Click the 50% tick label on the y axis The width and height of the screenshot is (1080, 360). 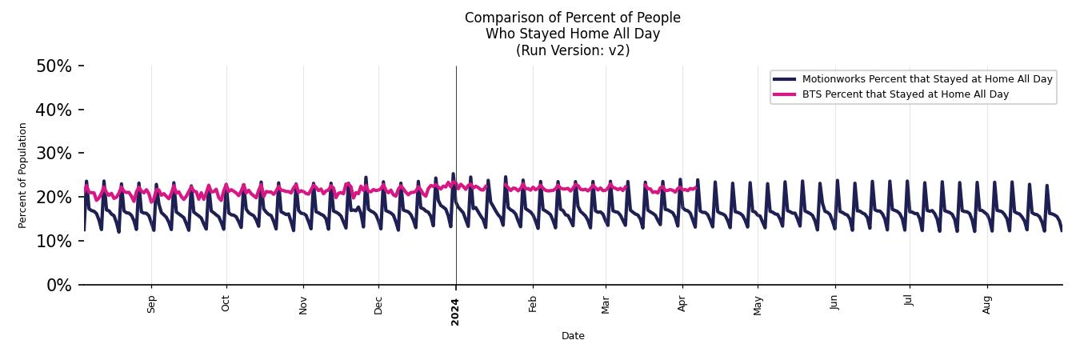coord(54,66)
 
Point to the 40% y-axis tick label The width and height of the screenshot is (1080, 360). coord(54,110)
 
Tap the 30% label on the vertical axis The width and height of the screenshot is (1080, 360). coord(54,154)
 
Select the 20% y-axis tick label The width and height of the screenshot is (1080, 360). coord(54,198)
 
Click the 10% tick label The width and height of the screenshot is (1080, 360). coord(54,241)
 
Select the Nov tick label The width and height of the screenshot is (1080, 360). coord(303,305)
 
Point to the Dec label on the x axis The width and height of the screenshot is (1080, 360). coord(378,305)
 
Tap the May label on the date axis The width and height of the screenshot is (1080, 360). coord(758,305)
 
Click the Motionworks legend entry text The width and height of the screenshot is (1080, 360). coord(927,79)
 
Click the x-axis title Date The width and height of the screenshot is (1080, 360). coord(573,336)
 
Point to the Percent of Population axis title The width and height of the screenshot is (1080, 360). coord(23,175)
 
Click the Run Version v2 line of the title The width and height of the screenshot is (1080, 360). coord(573,50)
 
